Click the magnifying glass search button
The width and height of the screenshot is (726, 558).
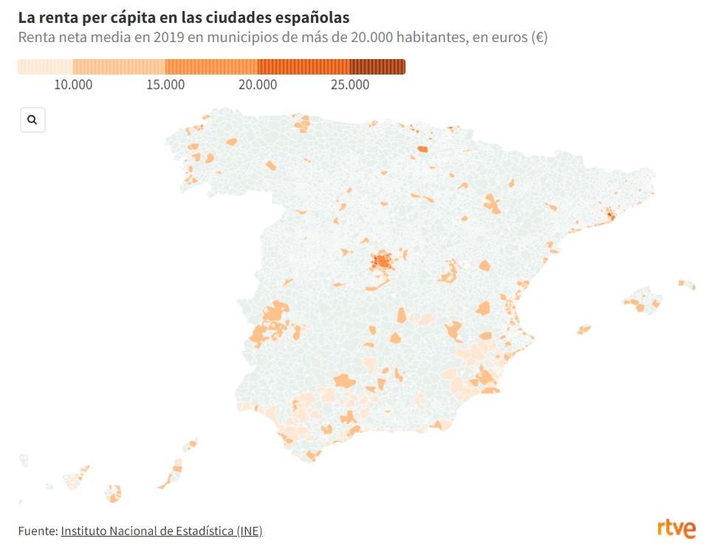point(32,120)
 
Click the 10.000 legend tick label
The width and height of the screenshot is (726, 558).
point(73,85)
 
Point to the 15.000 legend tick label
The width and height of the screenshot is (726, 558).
point(165,85)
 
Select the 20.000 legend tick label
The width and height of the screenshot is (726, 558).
point(258,85)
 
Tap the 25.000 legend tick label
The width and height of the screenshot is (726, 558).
point(350,85)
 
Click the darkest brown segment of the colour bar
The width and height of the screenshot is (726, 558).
point(377,67)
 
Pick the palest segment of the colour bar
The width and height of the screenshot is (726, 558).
point(44,67)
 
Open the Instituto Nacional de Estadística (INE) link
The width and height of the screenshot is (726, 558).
point(161,531)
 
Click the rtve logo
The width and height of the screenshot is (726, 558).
point(677,528)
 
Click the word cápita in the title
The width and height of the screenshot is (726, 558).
point(126,17)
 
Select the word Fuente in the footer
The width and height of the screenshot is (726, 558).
point(37,531)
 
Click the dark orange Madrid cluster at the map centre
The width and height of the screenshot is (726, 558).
point(383,261)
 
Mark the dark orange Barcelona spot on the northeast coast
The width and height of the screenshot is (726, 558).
point(610,215)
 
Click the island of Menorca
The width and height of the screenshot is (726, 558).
point(687,284)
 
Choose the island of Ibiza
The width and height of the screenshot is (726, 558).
point(583,329)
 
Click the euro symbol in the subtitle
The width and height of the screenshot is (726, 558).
point(538,38)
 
